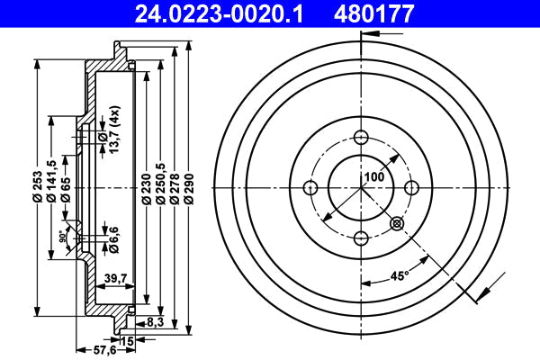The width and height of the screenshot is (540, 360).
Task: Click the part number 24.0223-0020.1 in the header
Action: [x=219, y=13]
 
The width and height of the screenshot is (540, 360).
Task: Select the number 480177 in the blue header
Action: [x=373, y=13]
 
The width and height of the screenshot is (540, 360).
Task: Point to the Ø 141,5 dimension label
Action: [x=51, y=181]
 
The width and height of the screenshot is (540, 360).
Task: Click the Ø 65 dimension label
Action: [x=66, y=189]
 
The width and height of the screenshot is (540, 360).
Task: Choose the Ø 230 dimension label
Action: [x=147, y=189]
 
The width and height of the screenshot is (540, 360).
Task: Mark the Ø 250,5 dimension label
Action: [x=161, y=184]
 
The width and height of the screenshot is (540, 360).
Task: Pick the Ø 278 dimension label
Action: [x=175, y=189]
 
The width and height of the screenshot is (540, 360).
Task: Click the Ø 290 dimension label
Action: [x=189, y=189]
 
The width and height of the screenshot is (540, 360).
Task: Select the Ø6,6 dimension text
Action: [x=113, y=239]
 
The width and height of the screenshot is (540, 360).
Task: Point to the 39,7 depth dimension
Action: [x=115, y=278]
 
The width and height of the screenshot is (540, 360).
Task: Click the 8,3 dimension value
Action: [x=156, y=322]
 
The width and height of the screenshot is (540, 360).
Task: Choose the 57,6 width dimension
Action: [x=104, y=350]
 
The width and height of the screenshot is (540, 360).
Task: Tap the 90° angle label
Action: [x=63, y=237]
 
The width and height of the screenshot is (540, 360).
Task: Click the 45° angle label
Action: [x=400, y=275]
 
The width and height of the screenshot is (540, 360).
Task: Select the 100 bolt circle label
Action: [x=374, y=176]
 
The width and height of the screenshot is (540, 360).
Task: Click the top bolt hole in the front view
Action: [x=361, y=138]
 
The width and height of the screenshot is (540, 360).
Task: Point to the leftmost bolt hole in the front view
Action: [x=311, y=188]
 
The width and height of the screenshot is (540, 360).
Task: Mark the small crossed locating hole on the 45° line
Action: [x=397, y=224]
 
